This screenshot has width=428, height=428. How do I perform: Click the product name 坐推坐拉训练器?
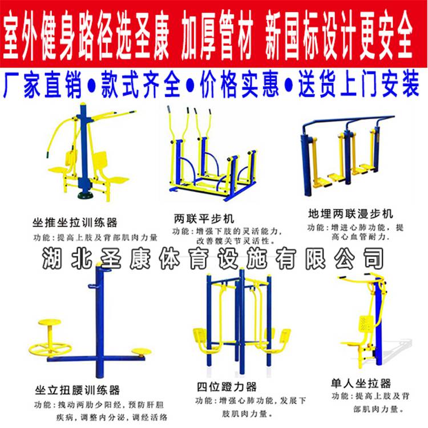pos(75,223)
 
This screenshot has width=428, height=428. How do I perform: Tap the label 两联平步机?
pos(204,219)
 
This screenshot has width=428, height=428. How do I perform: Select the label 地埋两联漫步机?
pos(350,213)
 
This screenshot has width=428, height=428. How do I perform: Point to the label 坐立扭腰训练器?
pos(77,390)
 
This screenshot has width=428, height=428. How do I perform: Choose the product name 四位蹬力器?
pos(227,386)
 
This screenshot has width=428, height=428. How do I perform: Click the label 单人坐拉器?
pos(361,383)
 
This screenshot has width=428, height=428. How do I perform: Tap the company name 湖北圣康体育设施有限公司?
pos(213,258)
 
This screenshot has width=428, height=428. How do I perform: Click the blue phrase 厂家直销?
pos(42,84)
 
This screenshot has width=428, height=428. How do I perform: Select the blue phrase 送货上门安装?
pos(359,83)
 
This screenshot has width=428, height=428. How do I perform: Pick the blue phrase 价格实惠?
pos(239,84)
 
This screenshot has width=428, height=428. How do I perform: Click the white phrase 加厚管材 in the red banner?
pos(217,35)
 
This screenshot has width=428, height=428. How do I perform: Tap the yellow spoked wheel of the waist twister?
pos(50,349)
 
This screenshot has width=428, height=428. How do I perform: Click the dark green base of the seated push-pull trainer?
pos(86,195)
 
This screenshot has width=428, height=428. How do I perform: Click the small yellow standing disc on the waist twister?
pos(141,352)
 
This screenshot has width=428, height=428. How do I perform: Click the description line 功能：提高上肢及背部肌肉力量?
pos(95,237)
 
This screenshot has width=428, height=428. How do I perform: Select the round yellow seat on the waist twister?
pos(50,322)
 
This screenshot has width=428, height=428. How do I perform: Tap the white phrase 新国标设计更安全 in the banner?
pos(339,35)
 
